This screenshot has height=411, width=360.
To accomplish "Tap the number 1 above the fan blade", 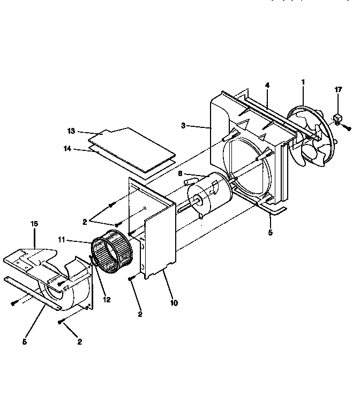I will click(303, 82).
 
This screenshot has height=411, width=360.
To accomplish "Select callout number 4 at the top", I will click(267, 85).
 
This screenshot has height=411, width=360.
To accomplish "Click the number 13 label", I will click(72, 131).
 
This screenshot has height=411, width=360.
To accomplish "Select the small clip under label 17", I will click(337, 119).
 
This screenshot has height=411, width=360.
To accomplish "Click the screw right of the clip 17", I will click(348, 128).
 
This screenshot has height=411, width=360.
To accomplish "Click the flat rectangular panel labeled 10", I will click(161, 235).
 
